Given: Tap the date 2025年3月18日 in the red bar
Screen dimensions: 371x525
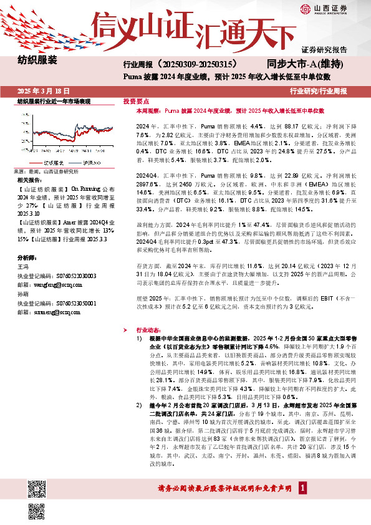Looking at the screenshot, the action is click(42, 90).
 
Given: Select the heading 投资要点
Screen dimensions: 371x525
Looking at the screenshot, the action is click(136, 100).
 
